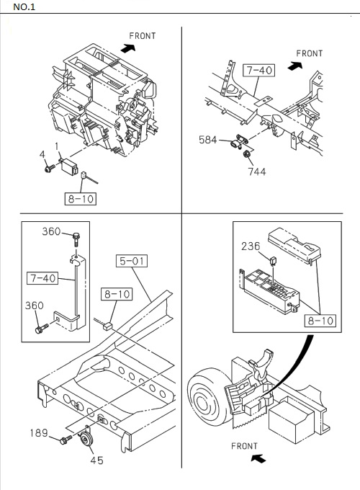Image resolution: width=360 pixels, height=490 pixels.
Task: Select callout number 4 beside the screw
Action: tap(42, 154)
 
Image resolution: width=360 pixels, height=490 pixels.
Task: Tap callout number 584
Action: tap(208, 140)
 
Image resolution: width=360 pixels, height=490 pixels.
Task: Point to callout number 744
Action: tap(257, 171)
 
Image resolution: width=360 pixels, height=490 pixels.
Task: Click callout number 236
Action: tap(250, 246)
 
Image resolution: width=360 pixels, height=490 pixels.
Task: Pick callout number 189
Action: tap(39, 433)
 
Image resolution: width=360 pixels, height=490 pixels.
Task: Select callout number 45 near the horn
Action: tap(96, 460)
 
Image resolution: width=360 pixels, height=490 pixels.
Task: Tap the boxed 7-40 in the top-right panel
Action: tap(258, 71)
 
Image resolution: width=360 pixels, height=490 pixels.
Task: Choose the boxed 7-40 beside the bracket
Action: tap(43, 277)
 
